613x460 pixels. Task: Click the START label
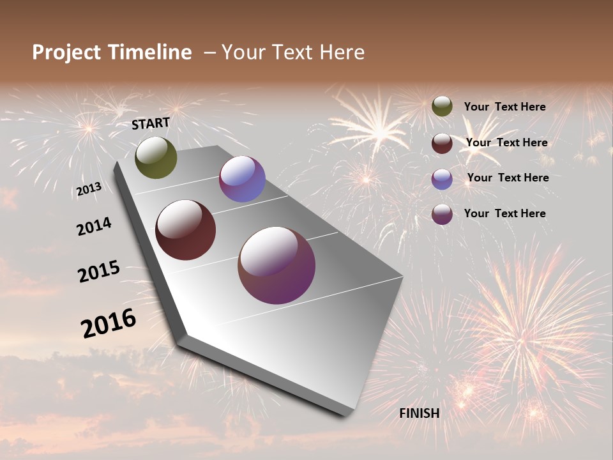pyautogui.click(x=151, y=123)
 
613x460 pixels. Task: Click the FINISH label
pyautogui.click(x=420, y=413)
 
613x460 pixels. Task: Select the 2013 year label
pyautogui.click(x=89, y=189)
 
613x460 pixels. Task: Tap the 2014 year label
pyautogui.click(x=94, y=227)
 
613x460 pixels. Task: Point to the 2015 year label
pyautogui.click(x=99, y=272)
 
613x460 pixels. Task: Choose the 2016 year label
pyautogui.click(x=109, y=323)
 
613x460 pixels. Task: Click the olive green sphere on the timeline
pyautogui.click(x=156, y=157)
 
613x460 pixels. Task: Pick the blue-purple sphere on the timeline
pyautogui.click(x=242, y=179)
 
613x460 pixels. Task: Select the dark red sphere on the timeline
pyautogui.click(x=186, y=230)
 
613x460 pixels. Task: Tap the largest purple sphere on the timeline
pyautogui.click(x=276, y=265)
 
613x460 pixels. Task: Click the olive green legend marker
pyautogui.click(x=442, y=107)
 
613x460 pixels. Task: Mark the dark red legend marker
pyautogui.click(x=442, y=143)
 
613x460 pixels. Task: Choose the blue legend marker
pyautogui.click(x=442, y=179)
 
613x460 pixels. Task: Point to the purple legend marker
pyautogui.click(x=442, y=214)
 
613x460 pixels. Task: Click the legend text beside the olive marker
pyautogui.click(x=504, y=107)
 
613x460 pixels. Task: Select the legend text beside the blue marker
pyautogui.click(x=508, y=178)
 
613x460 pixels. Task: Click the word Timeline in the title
pyautogui.click(x=150, y=52)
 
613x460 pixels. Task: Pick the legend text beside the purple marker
pyautogui.click(x=504, y=213)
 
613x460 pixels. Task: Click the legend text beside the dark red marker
pyautogui.click(x=506, y=142)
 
